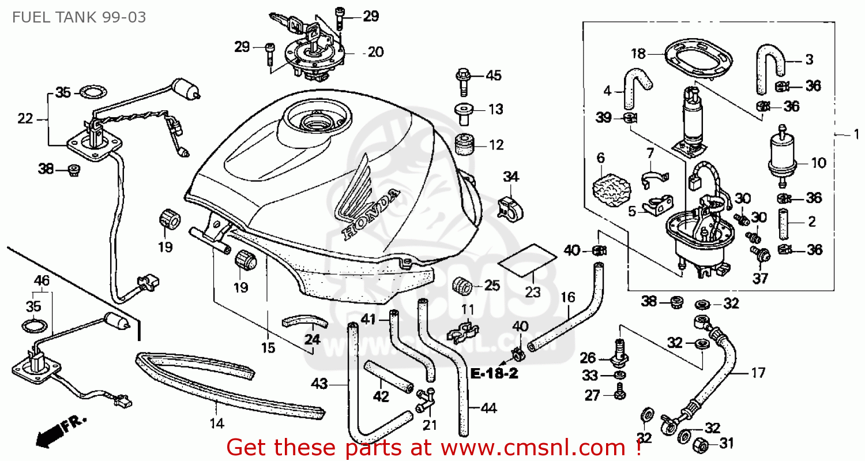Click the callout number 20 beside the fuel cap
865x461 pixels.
[375, 53]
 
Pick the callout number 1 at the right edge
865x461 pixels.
[856, 134]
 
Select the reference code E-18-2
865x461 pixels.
[494, 373]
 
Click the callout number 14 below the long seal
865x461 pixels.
[216, 422]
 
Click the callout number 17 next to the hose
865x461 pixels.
[758, 373]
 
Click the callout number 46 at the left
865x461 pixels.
[42, 281]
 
